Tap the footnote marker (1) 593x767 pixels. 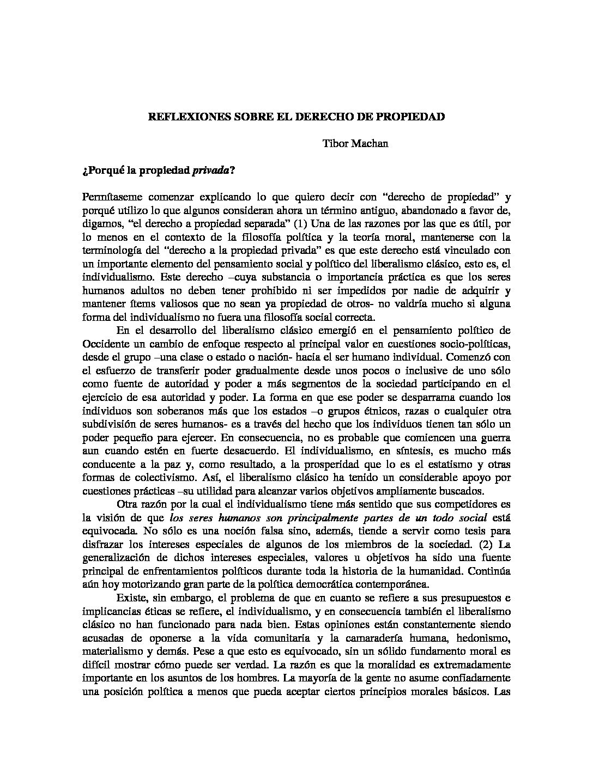299,224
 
